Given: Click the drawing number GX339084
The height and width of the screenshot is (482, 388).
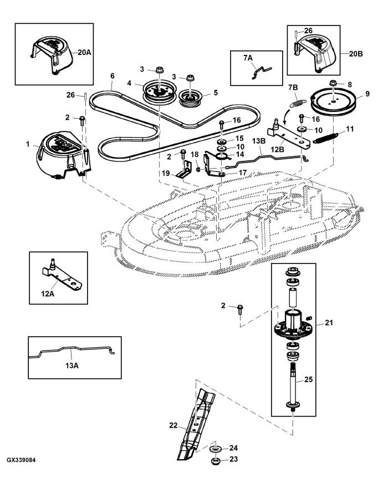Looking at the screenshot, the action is tap(21, 460).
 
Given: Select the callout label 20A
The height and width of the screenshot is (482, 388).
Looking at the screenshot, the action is tap(84, 52).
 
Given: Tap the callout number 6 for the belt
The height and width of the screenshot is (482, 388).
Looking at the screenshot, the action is tap(113, 75).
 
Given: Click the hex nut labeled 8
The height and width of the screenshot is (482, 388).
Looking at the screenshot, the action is tap(333, 83).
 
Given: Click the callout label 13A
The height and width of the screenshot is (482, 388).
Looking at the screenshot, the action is tap(72, 366).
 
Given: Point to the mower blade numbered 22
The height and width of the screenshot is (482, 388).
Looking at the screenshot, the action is tap(195, 423).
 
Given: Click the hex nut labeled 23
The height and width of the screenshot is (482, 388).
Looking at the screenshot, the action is tap(215, 461).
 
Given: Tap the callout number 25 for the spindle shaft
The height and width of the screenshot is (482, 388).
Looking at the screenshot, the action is tap(308, 379).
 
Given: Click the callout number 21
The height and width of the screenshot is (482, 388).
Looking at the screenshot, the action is tap(329, 322).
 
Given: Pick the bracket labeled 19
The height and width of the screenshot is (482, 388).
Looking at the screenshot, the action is tap(185, 171).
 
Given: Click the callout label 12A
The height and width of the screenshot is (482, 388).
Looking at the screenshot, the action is tap(48, 294).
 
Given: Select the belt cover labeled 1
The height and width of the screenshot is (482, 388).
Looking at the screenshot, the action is tap(63, 155).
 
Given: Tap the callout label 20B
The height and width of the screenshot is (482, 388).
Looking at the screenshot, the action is tap(356, 54).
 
